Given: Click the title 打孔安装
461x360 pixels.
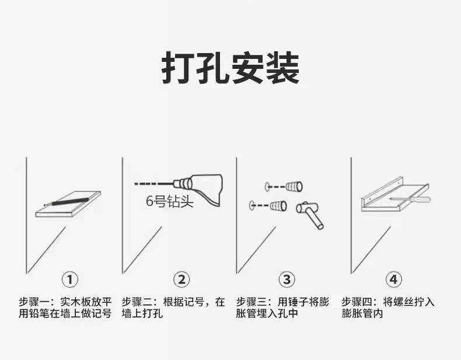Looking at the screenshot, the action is click(x=230, y=68).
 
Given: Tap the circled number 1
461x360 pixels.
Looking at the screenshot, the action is click(x=70, y=279).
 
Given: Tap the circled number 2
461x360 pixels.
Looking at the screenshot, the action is click(x=181, y=279).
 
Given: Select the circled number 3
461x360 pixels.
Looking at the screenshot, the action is click(x=287, y=279).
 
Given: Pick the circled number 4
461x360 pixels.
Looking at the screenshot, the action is click(x=393, y=279).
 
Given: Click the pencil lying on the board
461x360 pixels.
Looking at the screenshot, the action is click(x=67, y=202).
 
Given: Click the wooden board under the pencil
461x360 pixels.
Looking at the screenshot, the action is click(x=68, y=205).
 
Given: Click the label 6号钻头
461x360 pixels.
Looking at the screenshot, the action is click(x=170, y=202).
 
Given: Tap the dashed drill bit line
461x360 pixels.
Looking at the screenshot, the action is click(x=153, y=184).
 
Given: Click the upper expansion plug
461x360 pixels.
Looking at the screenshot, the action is click(x=294, y=187).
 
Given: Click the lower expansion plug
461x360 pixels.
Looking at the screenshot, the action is click(x=278, y=206).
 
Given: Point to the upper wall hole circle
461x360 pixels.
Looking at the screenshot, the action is click(x=267, y=187).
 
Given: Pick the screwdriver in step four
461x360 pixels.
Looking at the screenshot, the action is click(x=410, y=200).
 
